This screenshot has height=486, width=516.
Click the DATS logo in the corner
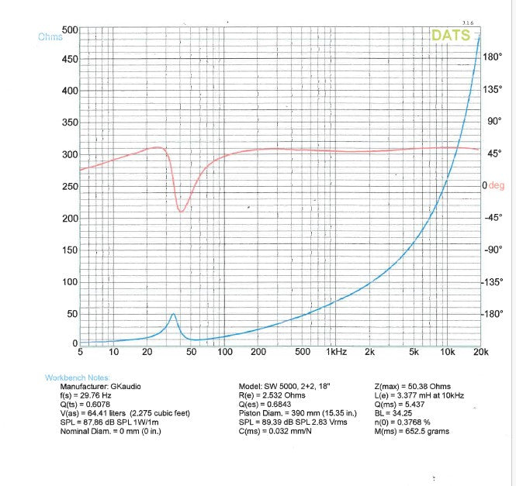click(x=451, y=36)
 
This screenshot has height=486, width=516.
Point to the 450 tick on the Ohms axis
click(x=69, y=59)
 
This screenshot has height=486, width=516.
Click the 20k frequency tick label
click(x=480, y=353)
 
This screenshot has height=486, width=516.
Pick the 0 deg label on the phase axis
click(x=493, y=186)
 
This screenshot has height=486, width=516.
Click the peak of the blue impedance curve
click(x=173, y=314)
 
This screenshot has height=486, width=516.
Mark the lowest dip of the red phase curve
click(x=181, y=211)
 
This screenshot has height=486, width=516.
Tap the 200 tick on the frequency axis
click(x=258, y=353)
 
